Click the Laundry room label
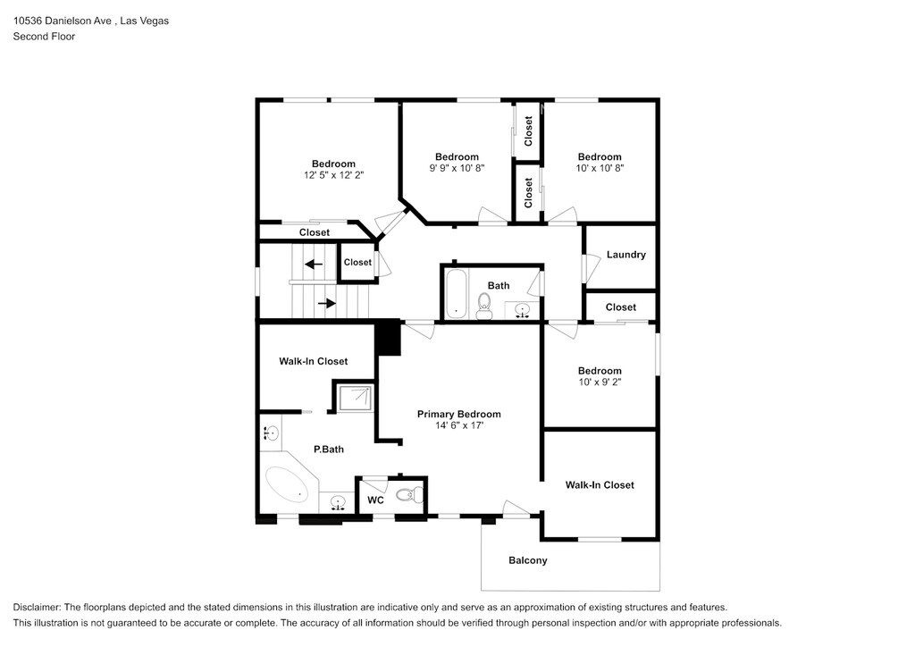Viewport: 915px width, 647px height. point(625,255)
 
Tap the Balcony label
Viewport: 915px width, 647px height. point(527,560)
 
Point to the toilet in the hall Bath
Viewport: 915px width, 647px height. point(484,307)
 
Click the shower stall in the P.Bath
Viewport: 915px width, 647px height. point(354,398)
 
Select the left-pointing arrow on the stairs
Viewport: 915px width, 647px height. point(313,264)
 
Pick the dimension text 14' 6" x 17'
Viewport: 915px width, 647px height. point(458,426)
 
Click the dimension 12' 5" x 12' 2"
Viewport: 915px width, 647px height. point(333,175)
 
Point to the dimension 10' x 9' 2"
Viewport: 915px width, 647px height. point(599,382)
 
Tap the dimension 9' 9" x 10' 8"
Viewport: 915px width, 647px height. point(457,168)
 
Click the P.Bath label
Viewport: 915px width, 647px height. point(328,450)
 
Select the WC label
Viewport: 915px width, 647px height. point(376,500)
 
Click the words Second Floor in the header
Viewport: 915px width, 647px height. point(44,37)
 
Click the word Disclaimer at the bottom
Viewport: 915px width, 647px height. point(37,607)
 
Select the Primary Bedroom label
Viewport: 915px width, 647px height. point(458,414)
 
